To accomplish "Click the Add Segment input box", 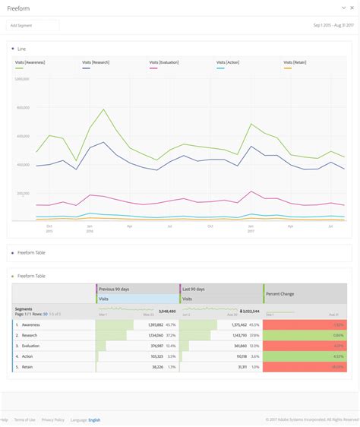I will click(32, 25).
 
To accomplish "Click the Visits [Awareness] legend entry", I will click(31, 62).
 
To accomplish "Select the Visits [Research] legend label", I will click(97, 62).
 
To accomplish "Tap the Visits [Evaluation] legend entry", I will click(164, 62).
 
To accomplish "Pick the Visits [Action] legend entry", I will click(228, 62).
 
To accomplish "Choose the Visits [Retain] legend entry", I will click(295, 62).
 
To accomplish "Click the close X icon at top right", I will click(352, 8).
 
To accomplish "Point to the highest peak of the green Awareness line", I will click(103, 110).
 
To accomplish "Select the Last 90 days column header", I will click(197, 289).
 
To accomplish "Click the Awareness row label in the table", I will click(31, 324).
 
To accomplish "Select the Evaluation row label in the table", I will click(31, 345).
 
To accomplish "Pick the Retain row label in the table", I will click(27, 366).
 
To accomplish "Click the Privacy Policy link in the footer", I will click(53, 419).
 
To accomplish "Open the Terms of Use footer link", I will click(24, 419).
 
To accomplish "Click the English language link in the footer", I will click(94, 419).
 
